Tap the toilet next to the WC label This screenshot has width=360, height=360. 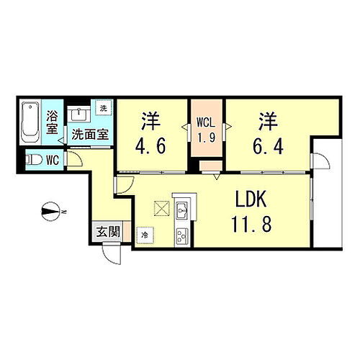[33, 159]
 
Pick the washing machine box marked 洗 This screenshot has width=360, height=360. [102, 108]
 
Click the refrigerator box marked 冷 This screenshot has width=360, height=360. [145, 234]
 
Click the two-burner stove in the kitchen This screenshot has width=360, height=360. [181, 233]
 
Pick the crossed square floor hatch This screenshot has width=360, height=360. [160, 207]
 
